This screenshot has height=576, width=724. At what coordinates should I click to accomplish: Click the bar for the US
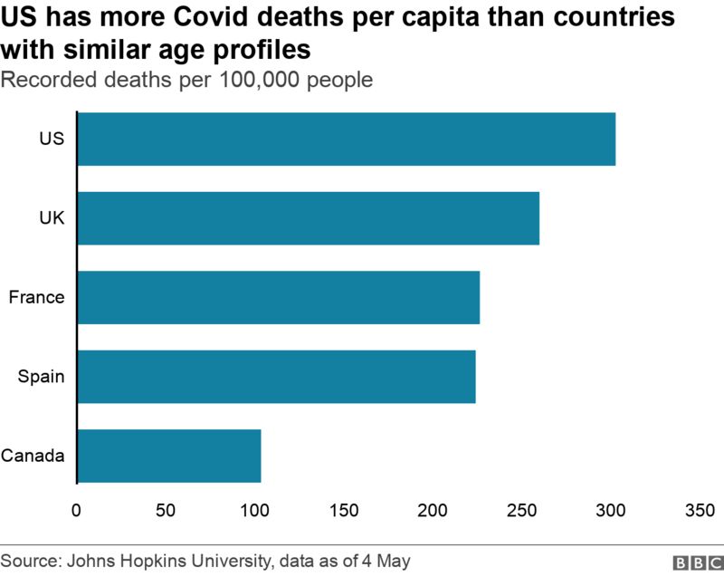pos(347,139)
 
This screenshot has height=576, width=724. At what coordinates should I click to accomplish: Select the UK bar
pos(309,218)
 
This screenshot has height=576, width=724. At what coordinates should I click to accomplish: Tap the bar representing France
pos(279,297)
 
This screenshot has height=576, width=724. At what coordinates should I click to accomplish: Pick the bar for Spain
pos(277,377)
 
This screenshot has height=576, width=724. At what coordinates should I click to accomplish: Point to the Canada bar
pos(169,456)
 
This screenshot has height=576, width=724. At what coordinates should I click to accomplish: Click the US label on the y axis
pos(52,139)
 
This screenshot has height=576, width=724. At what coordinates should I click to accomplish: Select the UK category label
pos(52,218)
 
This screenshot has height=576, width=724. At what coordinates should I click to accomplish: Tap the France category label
pos(36,297)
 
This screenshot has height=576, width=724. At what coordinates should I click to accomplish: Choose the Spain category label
pos(42,377)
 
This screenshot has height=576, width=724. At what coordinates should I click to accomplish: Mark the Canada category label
pos(33,456)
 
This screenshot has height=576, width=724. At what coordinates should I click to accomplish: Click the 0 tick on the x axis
pos(77,510)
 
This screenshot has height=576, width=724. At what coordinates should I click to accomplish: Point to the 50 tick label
pos(166,510)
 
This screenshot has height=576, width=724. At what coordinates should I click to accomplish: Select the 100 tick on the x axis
pos(255,510)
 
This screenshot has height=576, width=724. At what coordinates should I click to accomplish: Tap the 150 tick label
pos(344,510)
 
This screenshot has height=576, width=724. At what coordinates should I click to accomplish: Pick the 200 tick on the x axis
pos(433,510)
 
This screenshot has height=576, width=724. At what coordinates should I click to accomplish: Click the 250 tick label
pos(522,510)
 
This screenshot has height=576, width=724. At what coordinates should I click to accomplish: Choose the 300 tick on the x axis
pos(612,510)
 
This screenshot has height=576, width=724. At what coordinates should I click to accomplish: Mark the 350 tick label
pos(700,510)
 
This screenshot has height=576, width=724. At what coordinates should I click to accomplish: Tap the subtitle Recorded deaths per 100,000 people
pos(187,80)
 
